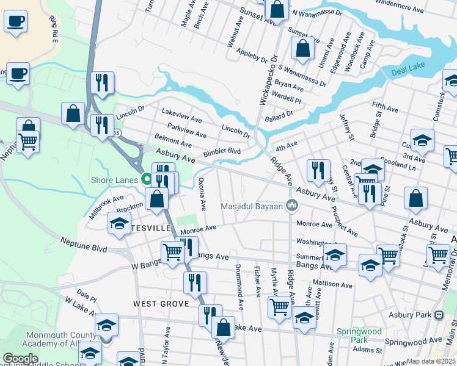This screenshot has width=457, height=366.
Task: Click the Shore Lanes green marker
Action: tap(147, 179)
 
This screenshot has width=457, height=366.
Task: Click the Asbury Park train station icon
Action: tap(438, 315)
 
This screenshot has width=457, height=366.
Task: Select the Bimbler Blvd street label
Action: tap(222, 151)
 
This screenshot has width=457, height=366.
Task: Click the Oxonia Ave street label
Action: tap(202, 193)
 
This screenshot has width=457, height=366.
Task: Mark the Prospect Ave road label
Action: tap(345, 219)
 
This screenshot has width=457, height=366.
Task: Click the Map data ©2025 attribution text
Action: tap(431, 361)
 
